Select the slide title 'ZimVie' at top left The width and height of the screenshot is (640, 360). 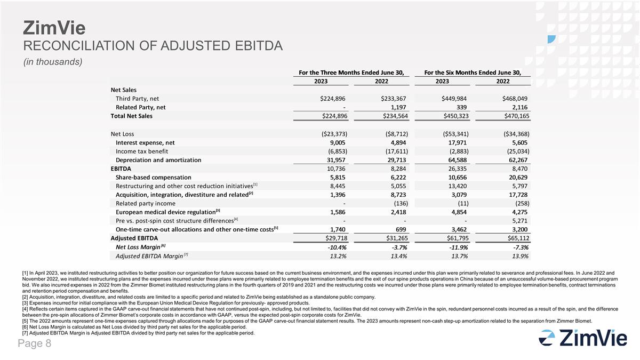47,27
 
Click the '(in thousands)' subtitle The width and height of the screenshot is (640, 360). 52,62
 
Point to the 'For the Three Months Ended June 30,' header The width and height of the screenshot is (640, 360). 350,72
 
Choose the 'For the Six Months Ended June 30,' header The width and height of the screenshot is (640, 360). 472,72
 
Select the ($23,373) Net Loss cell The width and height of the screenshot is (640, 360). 330,133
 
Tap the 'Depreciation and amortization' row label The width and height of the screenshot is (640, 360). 158,159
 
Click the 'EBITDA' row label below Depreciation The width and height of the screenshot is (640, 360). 121,169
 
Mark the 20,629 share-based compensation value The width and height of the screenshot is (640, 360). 517,177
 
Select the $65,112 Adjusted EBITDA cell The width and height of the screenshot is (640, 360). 515,238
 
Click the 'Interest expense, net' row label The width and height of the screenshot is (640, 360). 145,142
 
